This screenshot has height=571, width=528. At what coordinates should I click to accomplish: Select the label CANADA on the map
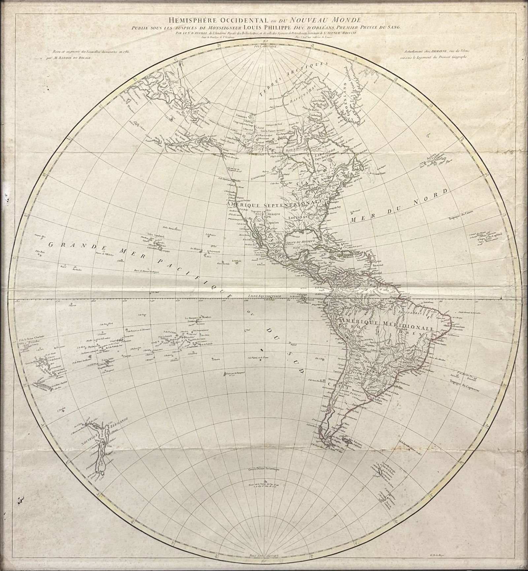click(311, 181)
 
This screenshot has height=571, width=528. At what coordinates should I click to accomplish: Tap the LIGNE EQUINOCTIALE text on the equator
click(264, 297)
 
